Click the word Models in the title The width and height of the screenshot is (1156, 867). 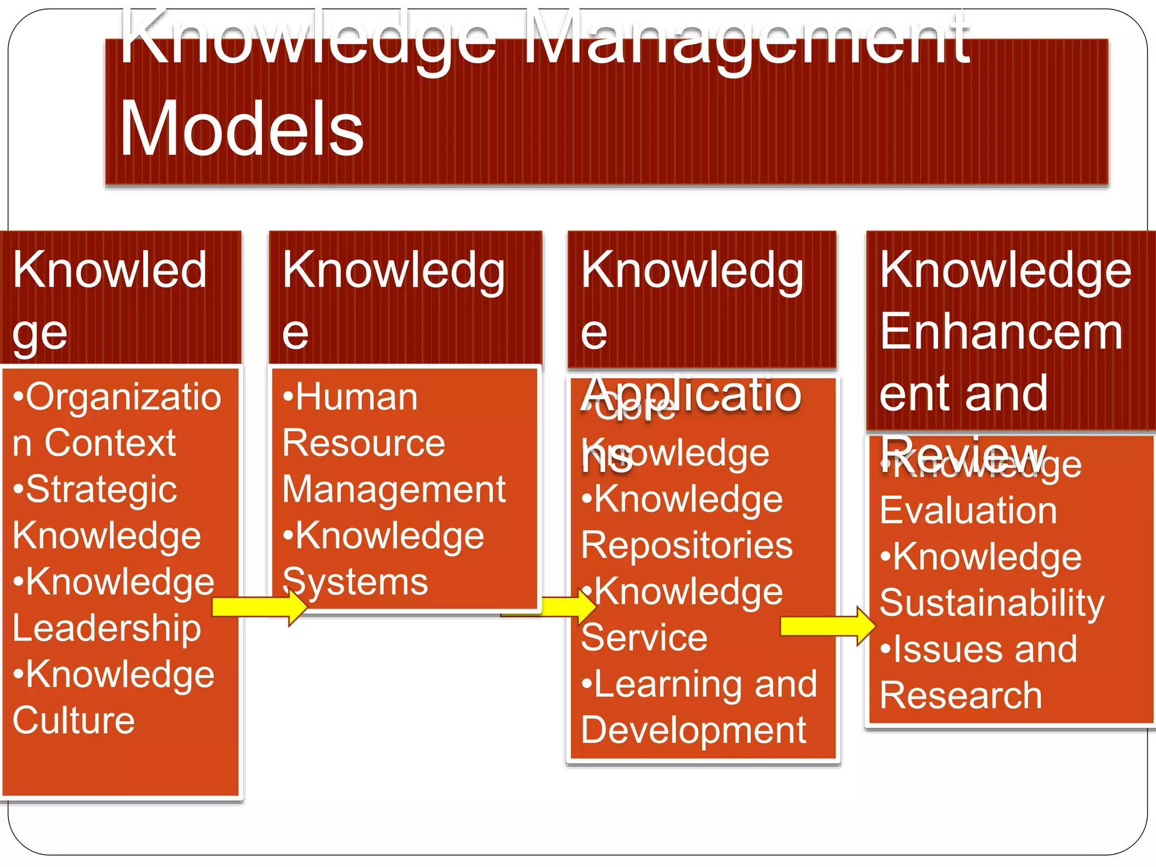point(242,129)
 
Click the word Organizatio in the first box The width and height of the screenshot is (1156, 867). point(124,397)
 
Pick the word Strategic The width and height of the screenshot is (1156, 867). point(102,489)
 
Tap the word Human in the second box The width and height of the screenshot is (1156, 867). point(357,397)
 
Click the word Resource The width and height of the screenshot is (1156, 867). point(364,443)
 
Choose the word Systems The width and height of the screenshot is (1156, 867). point(355,582)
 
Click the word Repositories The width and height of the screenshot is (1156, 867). point(686,546)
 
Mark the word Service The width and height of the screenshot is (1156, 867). point(644,638)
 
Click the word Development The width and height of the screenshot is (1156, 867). point(693,730)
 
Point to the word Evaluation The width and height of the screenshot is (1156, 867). point(968,511)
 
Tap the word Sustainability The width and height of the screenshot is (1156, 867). point(991,603)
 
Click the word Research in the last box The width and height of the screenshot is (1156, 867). point(961,695)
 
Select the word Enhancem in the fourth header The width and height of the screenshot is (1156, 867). point(1000,332)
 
